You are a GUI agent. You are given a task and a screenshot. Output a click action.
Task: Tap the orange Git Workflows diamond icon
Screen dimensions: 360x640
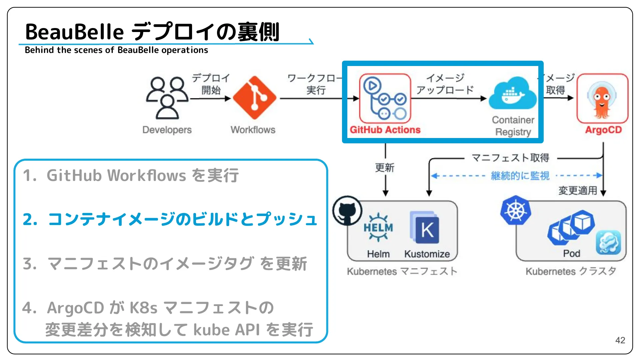click(254, 98)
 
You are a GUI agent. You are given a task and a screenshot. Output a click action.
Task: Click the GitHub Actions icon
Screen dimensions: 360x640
click(385, 98)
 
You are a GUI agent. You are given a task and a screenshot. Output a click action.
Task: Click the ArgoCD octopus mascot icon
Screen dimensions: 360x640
click(602, 99)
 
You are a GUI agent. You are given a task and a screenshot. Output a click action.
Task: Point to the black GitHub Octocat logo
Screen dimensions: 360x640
click(347, 211)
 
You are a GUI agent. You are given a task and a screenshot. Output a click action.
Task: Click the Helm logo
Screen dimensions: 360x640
click(378, 228)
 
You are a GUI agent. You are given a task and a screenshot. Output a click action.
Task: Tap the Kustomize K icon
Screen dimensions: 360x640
click(425, 228)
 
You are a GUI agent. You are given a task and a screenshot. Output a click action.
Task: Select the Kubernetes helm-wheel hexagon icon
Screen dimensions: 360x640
click(515, 210)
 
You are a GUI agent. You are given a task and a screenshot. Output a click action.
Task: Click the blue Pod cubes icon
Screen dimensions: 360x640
click(571, 227)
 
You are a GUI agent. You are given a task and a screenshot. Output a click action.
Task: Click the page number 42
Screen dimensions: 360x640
click(620, 340)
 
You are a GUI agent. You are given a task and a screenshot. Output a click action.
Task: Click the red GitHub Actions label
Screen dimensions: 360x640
click(385, 130)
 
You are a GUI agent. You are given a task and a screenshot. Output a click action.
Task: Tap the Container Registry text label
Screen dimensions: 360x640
click(513, 126)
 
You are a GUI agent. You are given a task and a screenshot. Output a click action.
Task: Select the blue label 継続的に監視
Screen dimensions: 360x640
click(520, 176)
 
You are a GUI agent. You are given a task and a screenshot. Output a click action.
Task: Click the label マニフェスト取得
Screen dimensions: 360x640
click(510, 158)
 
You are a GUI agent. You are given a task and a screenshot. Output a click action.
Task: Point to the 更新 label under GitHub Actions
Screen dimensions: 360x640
click(385, 168)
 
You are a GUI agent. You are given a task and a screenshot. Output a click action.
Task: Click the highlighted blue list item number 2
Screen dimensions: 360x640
click(170, 219)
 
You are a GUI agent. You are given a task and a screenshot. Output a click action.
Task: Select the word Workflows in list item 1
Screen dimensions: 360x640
click(147, 176)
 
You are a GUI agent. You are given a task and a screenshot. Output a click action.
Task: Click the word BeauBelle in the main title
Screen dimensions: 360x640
click(74, 32)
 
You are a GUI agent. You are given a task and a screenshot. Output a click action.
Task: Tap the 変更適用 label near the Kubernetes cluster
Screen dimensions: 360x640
click(578, 191)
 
